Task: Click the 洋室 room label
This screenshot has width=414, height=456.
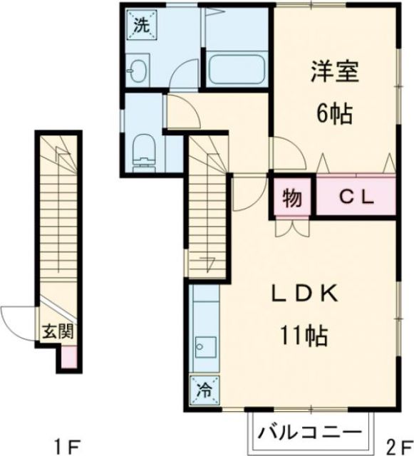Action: point(333,71)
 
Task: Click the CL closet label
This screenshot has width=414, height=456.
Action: point(356,197)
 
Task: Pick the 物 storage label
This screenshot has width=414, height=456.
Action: point(292,197)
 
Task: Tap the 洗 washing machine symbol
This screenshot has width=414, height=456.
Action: point(141,26)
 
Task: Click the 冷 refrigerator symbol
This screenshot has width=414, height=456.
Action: point(203,389)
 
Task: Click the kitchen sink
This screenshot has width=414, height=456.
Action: point(202,348)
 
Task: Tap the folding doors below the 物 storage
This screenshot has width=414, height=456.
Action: point(292,226)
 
